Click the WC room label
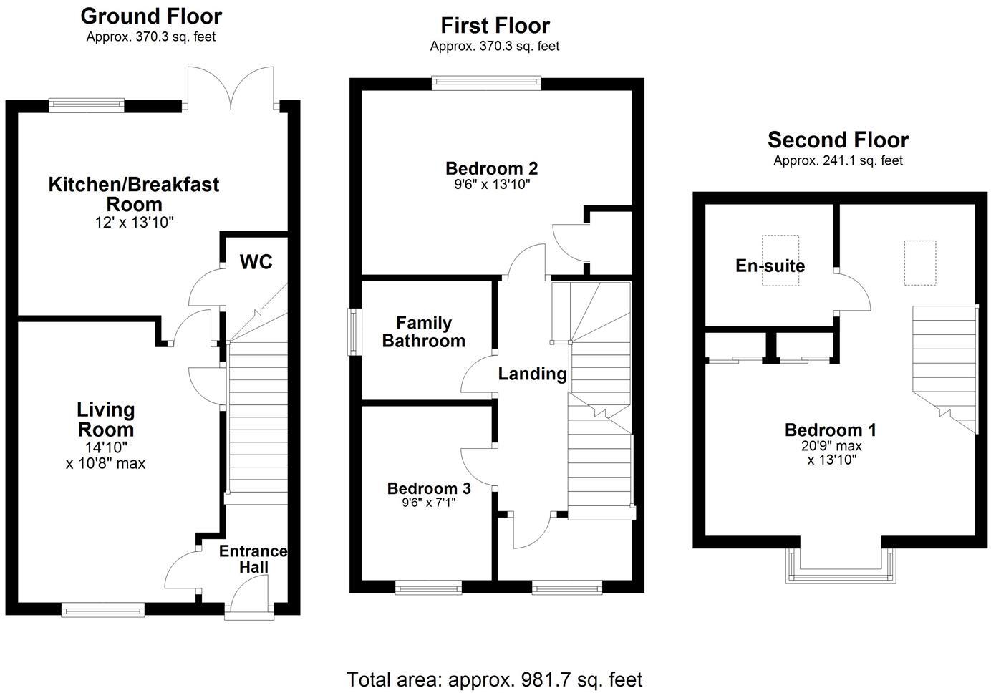tap(256, 262)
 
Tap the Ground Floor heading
tap(150, 16)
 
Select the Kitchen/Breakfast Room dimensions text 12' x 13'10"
tap(134, 223)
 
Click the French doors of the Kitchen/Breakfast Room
tap(231, 90)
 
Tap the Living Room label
tap(105, 420)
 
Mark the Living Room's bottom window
tap(102, 610)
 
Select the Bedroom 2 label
tap(491, 168)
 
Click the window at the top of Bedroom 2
tap(486, 84)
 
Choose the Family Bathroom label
tap(423, 332)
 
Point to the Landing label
tap(532, 374)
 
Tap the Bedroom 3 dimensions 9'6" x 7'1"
tap(429, 503)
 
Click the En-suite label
tap(770, 266)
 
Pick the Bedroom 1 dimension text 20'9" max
tap(831, 446)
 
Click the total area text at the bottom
tap(495, 679)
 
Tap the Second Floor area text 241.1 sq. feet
tap(838, 161)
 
